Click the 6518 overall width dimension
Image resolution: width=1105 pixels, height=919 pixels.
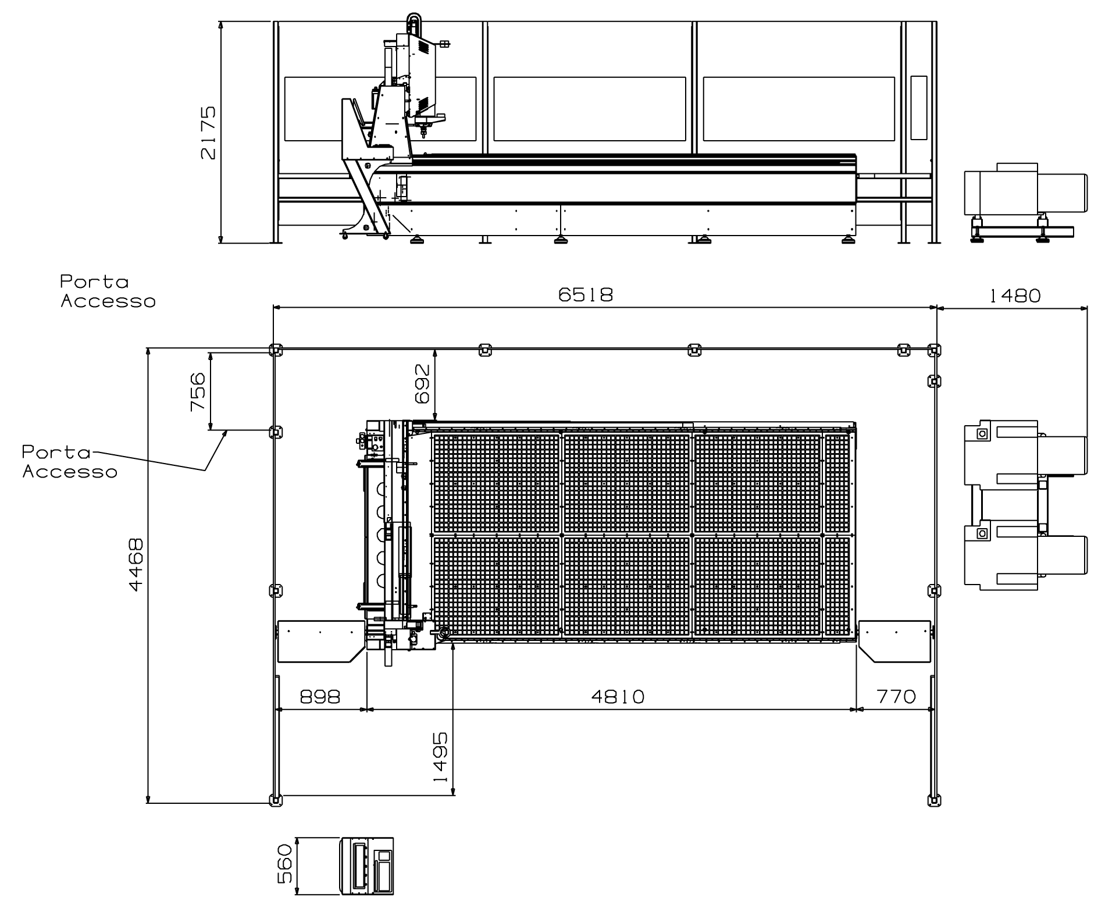coord(586,295)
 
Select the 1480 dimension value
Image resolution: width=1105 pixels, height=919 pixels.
coord(1014,296)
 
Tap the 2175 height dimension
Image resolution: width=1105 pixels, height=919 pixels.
coord(208,133)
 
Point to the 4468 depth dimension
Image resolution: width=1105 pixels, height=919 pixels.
coord(136,565)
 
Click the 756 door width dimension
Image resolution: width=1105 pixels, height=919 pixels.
coord(198,392)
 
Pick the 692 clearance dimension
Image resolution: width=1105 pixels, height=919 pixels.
coord(423,384)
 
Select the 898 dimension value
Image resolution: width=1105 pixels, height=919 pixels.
coord(320,696)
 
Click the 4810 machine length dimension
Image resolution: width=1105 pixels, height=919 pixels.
coord(618,696)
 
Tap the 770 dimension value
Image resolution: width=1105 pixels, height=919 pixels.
coord(896,696)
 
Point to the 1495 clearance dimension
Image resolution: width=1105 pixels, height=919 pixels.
coord(440,757)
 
